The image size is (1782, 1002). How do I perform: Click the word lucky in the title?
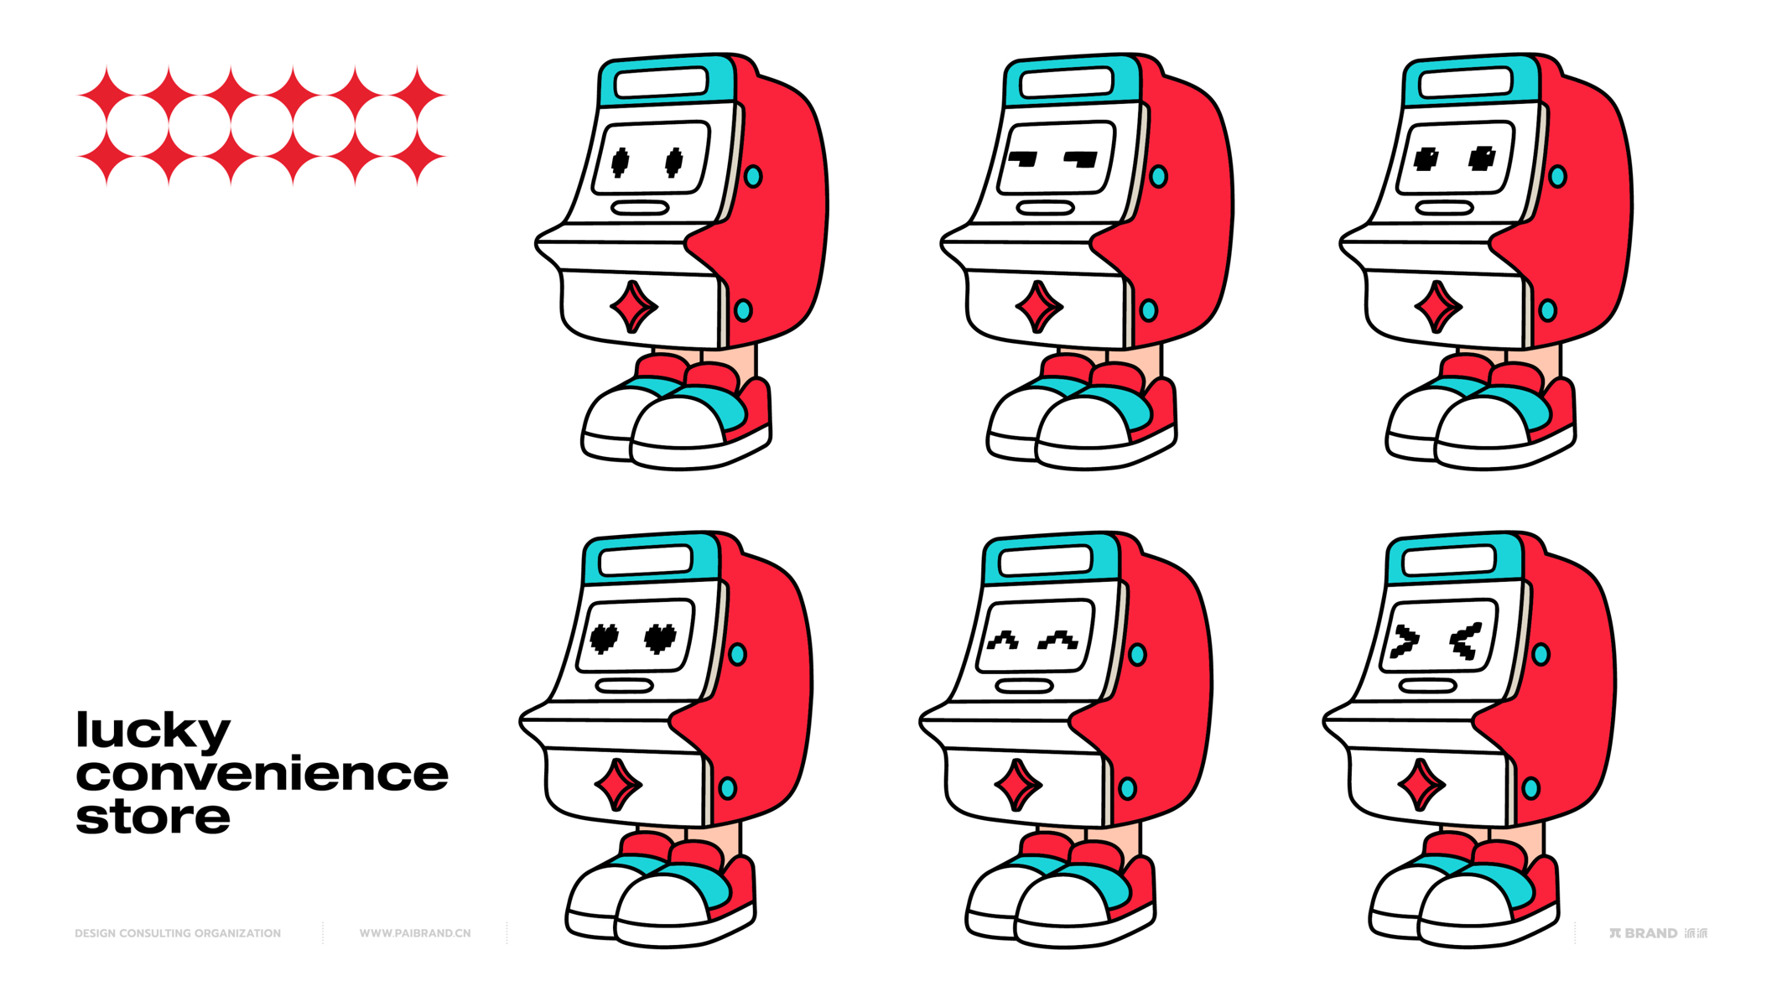[x=153, y=731]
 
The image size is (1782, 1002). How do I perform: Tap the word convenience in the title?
[x=262, y=773]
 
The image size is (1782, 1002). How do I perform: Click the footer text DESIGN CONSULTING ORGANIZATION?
[x=178, y=932]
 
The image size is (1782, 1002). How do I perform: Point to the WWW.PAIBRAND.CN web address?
[x=415, y=932]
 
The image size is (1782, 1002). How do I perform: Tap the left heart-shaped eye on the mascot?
[x=605, y=638]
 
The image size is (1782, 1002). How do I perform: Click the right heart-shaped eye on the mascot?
[x=660, y=638]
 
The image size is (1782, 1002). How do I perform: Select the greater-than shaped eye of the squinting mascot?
[x=1405, y=641]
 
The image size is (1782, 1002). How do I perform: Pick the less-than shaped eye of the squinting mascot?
[x=1465, y=641]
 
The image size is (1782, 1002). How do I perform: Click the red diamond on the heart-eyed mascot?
[x=618, y=785]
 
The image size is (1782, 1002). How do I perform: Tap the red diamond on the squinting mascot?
[x=1421, y=785]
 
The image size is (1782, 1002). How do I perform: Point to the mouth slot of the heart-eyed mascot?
[x=625, y=686]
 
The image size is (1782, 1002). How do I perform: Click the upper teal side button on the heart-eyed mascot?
[x=738, y=654]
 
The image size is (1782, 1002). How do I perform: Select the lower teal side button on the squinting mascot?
[x=1531, y=788]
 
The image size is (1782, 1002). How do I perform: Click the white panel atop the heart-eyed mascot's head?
[x=646, y=560]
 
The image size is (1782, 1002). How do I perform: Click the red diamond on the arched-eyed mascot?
[x=1018, y=785]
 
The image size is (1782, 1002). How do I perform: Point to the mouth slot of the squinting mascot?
[x=1428, y=686]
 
